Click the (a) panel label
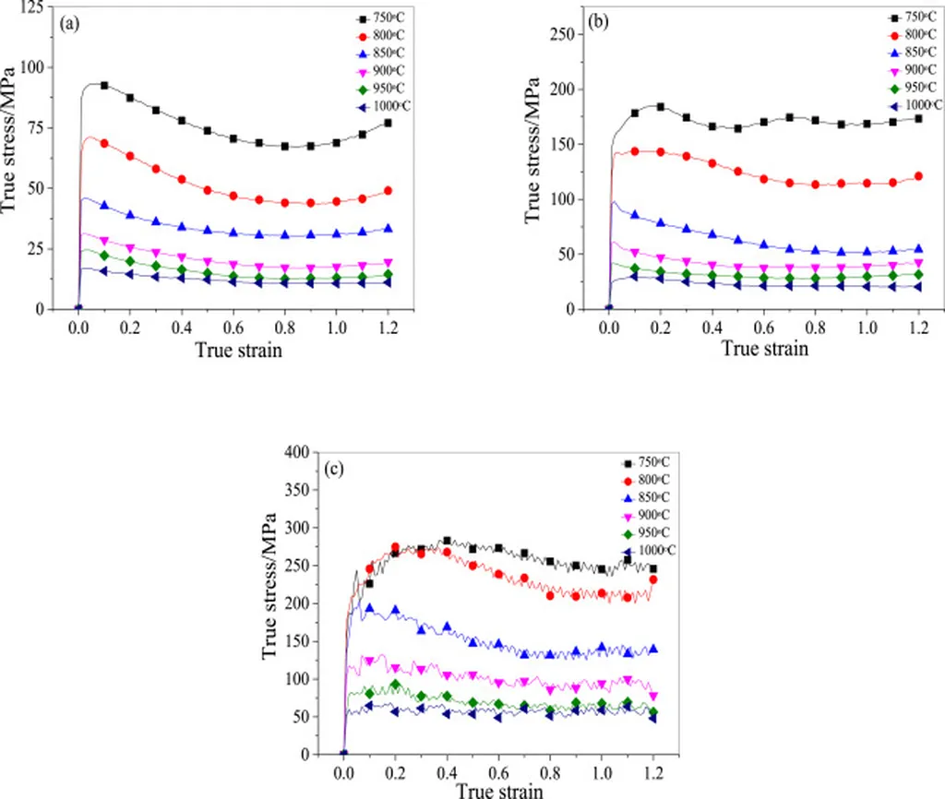67,26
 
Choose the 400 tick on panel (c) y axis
295,452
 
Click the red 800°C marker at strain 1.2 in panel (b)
918,176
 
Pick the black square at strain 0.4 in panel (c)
447,542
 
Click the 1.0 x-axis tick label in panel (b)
867,327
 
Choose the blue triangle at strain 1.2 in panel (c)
653,649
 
